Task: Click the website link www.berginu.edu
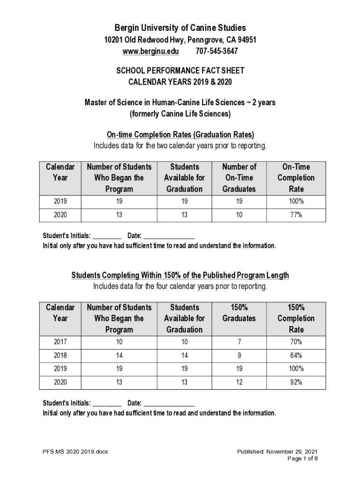pyautogui.click(x=151, y=51)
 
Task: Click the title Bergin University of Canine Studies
pyautogui.click(x=180, y=28)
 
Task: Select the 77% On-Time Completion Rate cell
pyautogui.click(x=296, y=215)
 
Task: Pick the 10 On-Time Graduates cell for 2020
pyautogui.click(x=239, y=215)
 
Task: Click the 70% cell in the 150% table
pyautogui.click(x=296, y=342)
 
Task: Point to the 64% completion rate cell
pyautogui.click(x=296, y=356)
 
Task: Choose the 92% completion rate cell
pyautogui.click(x=296, y=382)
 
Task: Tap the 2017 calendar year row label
pyautogui.click(x=60, y=342)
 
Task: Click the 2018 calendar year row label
pyautogui.click(x=60, y=356)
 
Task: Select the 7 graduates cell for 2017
pyautogui.click(x=239, y=342)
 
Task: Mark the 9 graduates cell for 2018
pyautogui.click(x=239, y=356)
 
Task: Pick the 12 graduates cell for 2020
pyautogui.click(x=239, y=382)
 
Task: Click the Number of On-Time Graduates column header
pyautogui.click(x=239, y=178)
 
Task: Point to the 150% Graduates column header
pyautogui.click(x=239, y=313)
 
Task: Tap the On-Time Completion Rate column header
pyautogui.click(x=296, y=178)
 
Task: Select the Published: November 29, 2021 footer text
pyautogui.click(x=277, y=451)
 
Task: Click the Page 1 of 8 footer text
pyautogui.click(x=302, y=458)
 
